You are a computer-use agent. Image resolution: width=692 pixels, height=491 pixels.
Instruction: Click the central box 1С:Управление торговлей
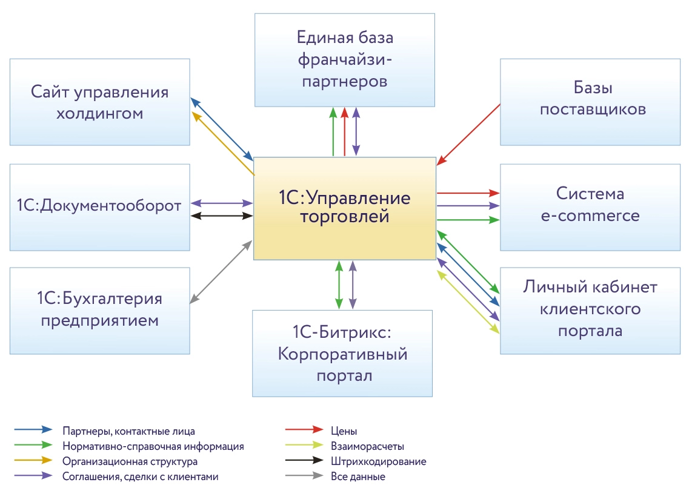(x=344, y=208)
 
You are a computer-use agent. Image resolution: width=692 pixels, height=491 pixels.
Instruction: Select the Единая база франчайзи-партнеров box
(x=344, y=59)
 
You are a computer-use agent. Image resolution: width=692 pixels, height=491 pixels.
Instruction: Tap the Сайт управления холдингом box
(x=99, y=102)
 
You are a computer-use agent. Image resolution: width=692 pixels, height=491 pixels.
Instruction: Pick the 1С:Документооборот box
(x=99, y=206)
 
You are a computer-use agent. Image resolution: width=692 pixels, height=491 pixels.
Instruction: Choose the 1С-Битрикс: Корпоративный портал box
(x=342, y=354)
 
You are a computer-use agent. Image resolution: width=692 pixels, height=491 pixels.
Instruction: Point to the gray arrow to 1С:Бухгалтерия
(x=221, y=271)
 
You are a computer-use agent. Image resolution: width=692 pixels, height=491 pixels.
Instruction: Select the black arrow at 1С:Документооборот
(x=222, y=216)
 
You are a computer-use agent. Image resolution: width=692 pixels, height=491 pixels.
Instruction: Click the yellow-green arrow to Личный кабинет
(x=468, y=302)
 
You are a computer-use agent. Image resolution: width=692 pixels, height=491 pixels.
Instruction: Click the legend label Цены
(x=344, y=431)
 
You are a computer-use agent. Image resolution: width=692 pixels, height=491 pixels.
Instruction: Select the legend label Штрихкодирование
(x=379, y=461)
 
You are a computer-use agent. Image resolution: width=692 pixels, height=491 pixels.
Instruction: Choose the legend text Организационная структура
(x=130, y=461)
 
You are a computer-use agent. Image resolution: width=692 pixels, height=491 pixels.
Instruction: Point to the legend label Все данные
(x=358, y=476)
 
